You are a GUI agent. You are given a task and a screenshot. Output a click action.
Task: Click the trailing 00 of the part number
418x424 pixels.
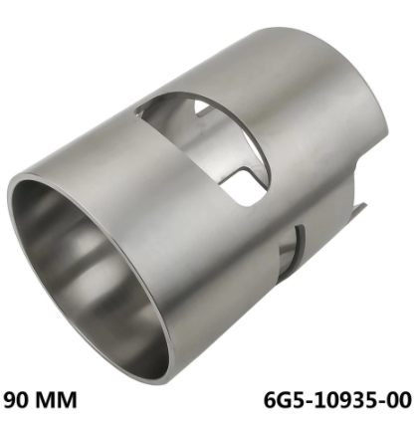(x=398, y=399)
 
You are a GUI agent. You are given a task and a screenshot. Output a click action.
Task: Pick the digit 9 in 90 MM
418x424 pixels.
(x=10, y=399)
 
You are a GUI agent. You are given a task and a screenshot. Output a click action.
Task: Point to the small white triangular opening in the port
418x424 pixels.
(x=201, y=106)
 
